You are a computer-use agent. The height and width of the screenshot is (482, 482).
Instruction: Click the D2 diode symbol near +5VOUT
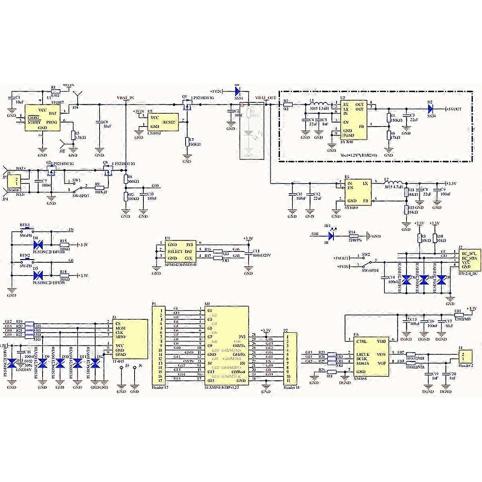(x=430, y=108)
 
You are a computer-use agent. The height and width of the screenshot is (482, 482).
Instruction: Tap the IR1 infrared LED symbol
(x=332, y=233)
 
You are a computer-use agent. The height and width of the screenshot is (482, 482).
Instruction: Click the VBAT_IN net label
(x=126, y=98)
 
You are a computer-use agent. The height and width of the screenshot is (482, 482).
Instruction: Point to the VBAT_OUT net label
(x=266, y=98)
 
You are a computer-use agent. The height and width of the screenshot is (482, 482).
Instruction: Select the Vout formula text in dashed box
(x=354, y=155)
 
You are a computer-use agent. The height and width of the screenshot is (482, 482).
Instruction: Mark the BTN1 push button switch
(x=25, y=230)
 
